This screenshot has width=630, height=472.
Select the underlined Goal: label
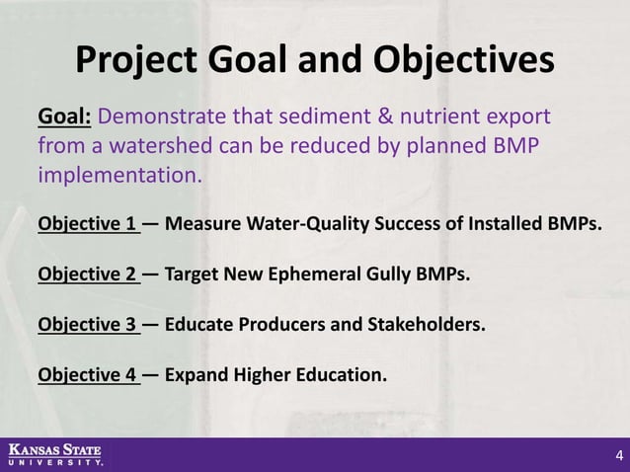pyautogui.click(x=65, y=119)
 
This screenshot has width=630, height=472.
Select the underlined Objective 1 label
pyautogui.click(x=87, y=223)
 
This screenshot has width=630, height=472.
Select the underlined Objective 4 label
pyautogui.click(x=87, y=374)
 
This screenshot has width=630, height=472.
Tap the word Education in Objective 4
pyautogui.click(x=339, y=374)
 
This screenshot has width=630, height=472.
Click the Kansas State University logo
pyautogui.click(x=55, y=454)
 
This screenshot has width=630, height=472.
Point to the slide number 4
pyautogui.click(x=618, y=455)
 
